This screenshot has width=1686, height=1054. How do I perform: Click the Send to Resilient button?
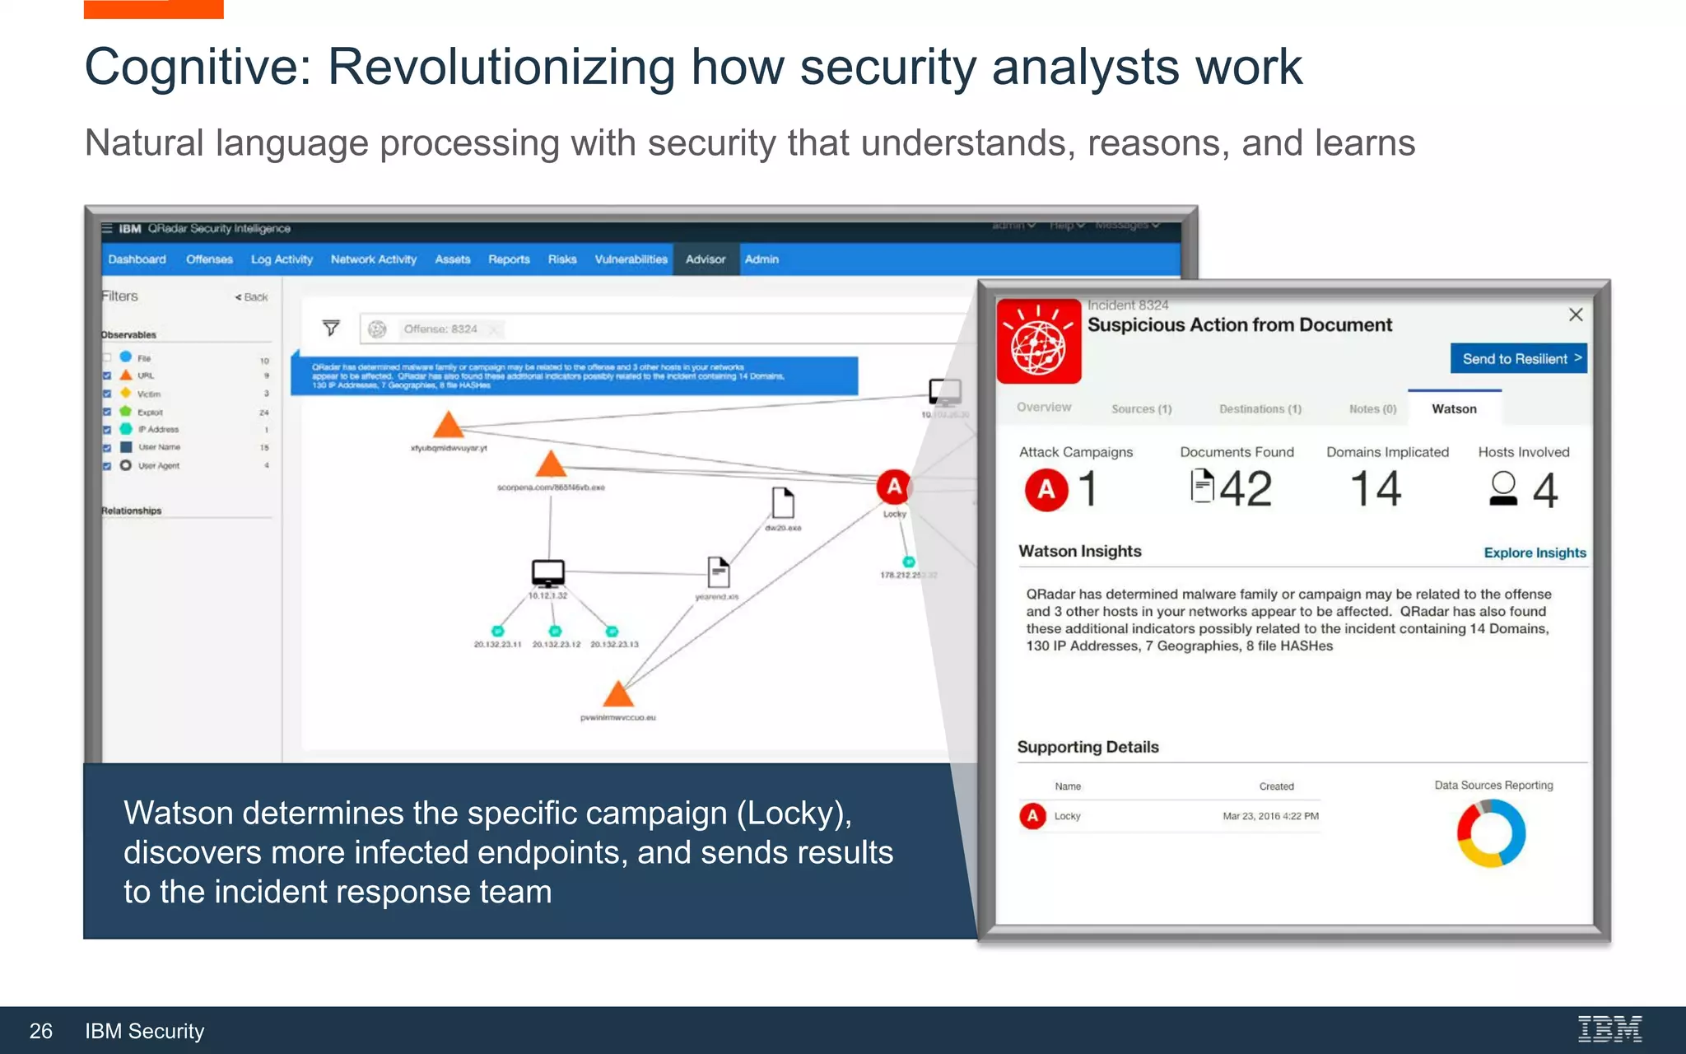1518,358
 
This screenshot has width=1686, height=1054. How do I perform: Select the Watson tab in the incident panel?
1454,408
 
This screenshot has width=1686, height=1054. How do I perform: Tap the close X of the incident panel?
1576,315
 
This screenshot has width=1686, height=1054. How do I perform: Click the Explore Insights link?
1535,553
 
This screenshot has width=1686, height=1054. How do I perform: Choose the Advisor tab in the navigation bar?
706,259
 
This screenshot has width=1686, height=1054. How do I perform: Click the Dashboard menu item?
137,259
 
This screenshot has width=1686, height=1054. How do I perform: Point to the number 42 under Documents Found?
1245,489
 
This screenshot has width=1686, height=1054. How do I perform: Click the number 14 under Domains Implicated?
1376,489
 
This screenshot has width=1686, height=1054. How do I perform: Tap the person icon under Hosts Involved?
1503,488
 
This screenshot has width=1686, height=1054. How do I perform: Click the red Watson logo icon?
1039,342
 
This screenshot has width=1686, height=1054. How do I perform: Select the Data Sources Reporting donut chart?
1491,833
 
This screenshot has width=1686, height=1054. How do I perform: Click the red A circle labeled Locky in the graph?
894,487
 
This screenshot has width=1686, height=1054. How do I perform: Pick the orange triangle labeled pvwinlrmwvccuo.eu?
617,694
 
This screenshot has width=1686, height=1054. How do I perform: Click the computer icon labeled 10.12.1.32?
547,572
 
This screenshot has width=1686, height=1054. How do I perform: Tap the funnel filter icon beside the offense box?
331,329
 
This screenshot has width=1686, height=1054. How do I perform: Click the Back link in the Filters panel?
252,297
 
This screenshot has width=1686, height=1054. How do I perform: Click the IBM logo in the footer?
1609,1029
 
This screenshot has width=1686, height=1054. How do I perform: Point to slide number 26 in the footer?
40,1031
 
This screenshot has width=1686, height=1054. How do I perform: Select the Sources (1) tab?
1141,409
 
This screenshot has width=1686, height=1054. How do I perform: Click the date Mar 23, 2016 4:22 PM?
1270,816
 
